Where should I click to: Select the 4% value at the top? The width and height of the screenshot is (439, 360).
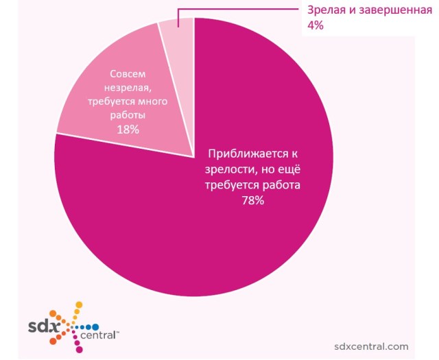[x=314, y=26]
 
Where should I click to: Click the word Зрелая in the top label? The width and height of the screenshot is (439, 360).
[x=322, y=11]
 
